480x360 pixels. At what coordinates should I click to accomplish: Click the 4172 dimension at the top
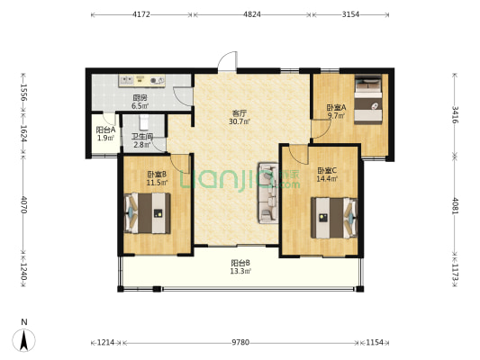[141, 14]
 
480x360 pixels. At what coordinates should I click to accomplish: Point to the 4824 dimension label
[252, 14]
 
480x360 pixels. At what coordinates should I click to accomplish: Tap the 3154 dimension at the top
[350, 14]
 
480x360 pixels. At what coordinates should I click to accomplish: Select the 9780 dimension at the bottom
[240, 342]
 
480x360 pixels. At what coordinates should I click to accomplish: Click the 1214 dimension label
[105, 342]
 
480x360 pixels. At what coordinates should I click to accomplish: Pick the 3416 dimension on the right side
[455, 114]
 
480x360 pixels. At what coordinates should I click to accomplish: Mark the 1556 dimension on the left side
[23, 93]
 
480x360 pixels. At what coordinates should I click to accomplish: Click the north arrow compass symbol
[24, 340]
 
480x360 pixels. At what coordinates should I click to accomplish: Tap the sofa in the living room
[268, 193]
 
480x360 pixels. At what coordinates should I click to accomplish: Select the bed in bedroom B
[148, 213]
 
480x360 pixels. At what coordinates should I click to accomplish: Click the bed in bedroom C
[334, 218]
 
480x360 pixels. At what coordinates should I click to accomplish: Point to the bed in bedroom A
[368, 99]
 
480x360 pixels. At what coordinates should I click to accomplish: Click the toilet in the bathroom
[143, 122]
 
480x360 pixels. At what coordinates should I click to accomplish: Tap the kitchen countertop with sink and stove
[141, 81]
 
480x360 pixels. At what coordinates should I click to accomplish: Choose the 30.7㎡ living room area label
[239, 121]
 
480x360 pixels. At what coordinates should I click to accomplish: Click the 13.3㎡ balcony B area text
[240, 271]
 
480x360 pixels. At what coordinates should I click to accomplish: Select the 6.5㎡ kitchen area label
[140, 106]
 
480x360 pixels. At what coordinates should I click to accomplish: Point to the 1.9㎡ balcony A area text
[105, 138]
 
